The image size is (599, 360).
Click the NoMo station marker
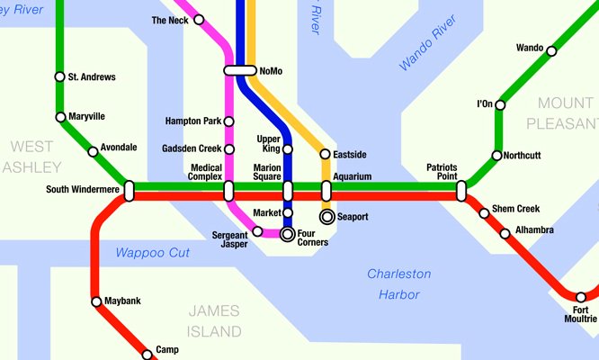[x=240, y=70]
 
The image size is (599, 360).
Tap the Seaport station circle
[x=326, y=217]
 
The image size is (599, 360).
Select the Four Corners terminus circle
[x=288, y=235]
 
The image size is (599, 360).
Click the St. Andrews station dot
[x=60, y=77]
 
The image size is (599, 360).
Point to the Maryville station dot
[x=60, y=117]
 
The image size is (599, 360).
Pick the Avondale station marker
[x=93, y=151]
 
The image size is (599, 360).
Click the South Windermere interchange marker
[x=130, y=191]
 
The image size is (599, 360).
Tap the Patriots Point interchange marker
[x=461, y=191]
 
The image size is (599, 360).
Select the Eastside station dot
[x=326, y=155]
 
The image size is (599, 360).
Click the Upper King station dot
[x=288, y=149]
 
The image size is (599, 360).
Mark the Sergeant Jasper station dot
[x=258, y=231]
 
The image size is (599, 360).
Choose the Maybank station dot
[x=95, y=301]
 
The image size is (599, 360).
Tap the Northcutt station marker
[x=496, y=156]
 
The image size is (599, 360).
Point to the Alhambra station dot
[x=505, y=233]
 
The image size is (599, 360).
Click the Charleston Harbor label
[x=399, y=283]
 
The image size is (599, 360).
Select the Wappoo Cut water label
[x=152, y=253]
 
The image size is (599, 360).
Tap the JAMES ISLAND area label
[x=214, y=321]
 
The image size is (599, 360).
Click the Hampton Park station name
[x=193, y=121]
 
